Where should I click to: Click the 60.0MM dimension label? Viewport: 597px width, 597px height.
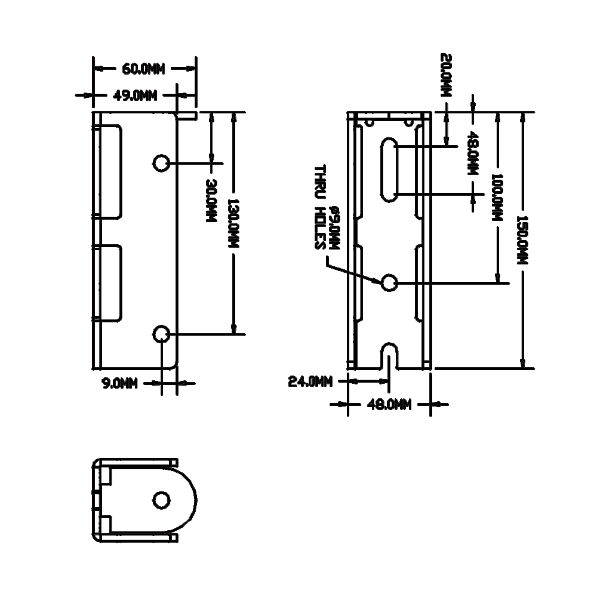point(143,69)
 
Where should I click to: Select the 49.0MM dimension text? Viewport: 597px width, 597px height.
point(135,96)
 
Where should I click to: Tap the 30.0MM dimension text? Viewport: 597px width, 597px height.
point(210,201)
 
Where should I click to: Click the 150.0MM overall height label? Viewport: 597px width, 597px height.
point(524,240)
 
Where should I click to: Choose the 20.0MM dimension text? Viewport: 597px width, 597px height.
point(446,76)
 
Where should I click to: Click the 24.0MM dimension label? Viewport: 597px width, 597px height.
point(310,381)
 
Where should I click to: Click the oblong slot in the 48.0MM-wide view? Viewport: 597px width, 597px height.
point(389,170)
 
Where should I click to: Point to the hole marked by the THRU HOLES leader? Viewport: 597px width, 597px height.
point(389,282)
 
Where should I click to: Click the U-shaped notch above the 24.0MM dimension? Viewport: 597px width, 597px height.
point(389,355)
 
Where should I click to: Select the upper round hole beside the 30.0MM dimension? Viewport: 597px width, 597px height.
point(161,162)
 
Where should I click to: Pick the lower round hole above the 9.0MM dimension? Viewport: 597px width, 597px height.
point(161,334)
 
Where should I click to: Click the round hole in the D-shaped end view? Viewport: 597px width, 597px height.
point(161,500)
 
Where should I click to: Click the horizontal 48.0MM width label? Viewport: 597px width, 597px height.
point(389,405)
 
